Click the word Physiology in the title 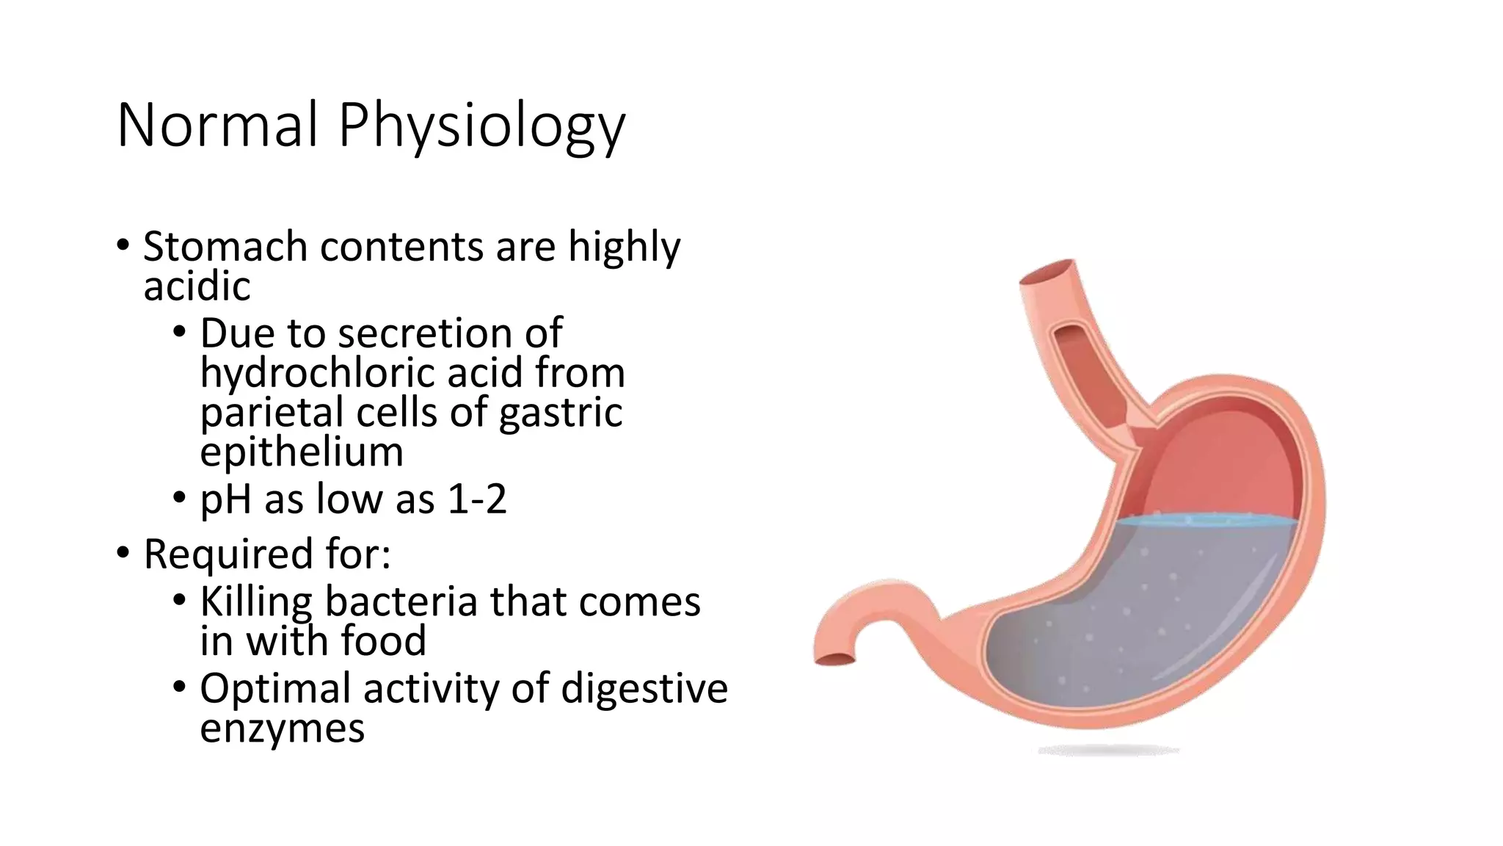click(481, 126)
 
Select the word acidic click(197, 286)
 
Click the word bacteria click(401, 601)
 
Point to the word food click(383, 640)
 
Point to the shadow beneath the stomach click(1108, 751)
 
